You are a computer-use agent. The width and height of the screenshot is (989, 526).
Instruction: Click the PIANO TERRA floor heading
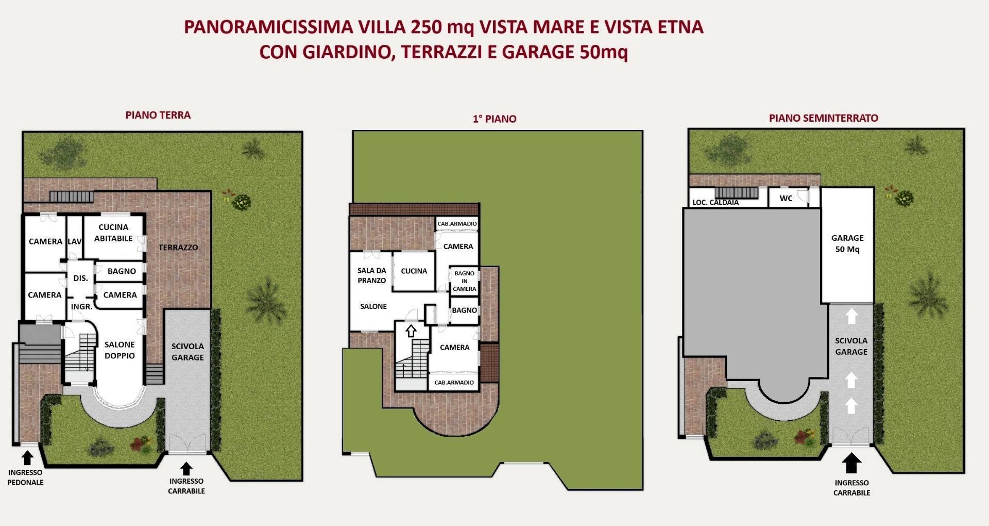158,115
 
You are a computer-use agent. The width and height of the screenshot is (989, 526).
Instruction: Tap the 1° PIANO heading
494,119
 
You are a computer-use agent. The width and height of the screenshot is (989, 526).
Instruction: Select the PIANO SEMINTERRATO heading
823,118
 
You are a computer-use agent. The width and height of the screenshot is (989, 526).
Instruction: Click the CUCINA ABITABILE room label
113,233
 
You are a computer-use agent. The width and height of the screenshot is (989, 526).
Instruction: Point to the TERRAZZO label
178,248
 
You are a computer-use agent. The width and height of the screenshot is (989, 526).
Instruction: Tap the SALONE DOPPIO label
120,350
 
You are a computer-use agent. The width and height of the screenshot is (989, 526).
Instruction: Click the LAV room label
75,241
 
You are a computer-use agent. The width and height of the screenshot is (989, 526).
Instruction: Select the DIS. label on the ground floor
80,278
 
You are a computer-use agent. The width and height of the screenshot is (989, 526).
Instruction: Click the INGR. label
81,306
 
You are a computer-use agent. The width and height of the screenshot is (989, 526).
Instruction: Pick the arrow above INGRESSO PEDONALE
27,457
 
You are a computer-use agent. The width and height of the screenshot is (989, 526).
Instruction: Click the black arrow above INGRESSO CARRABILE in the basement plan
851,463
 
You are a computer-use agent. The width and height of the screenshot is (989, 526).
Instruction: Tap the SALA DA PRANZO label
371,275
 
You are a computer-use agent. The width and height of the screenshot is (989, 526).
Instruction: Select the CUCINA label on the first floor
414,271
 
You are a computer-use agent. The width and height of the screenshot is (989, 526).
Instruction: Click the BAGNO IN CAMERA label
464,281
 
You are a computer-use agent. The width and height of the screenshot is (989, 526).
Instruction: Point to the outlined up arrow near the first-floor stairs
411,331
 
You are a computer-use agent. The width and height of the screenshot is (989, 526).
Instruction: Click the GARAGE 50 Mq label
847,243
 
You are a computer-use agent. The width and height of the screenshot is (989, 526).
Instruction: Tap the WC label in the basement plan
786,198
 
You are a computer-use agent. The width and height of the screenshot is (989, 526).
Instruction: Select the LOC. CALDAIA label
715,202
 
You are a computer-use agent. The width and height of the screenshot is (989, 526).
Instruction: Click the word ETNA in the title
680,27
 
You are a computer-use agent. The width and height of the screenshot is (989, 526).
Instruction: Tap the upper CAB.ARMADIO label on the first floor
457,224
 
